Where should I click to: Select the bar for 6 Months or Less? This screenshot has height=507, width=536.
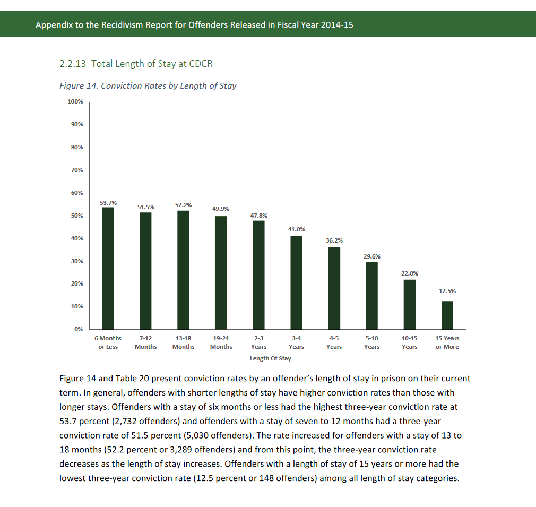[108, 268]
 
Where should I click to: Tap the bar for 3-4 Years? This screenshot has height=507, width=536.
[296, 282]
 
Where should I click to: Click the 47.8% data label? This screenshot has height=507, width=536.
[258, 216]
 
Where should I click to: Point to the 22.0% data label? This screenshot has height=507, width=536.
[409, 273]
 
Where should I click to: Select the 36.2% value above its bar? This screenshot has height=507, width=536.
[334, 240]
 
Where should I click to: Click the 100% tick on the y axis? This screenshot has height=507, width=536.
[75, 101]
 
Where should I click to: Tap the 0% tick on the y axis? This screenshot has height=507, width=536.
[78, 329]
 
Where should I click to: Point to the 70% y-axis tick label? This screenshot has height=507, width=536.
[76, 170]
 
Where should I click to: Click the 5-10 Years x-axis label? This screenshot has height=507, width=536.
[371, 342]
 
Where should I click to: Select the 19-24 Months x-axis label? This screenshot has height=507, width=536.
[221, 342]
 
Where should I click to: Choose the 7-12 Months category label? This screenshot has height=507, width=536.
[145, 342]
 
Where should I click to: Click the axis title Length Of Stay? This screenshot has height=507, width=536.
[270, 358]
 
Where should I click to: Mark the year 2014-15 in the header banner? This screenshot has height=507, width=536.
[337, 25]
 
